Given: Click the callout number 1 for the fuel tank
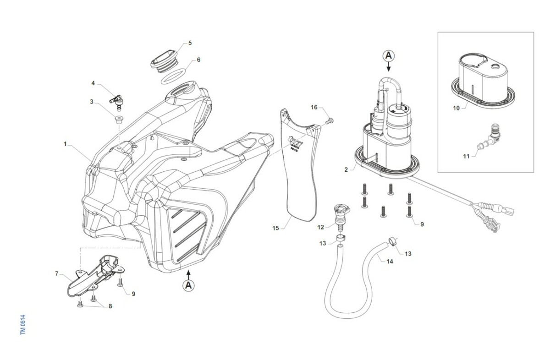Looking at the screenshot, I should (x=66, y=144).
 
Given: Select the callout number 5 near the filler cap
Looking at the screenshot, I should (x=190, y=43).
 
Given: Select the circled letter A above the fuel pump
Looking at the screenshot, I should (x=389, y=56).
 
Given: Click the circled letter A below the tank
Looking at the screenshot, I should (x=188, y=286).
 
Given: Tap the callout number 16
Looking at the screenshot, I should (x=314, y=107).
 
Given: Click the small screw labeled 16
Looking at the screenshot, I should (x=331, y=120).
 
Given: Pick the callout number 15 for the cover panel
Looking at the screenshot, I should (x=275, y=228).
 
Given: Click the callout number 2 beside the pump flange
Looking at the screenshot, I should (x=346, y=169).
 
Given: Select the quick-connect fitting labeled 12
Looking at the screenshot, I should (x=340, y=214).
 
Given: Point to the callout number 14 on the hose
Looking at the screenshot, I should (x=390, y=262).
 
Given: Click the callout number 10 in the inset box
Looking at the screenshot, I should (x=456, y=108).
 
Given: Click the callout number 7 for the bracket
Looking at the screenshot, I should (x=57, y=274).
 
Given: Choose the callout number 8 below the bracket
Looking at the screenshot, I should (x=110, y=306).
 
